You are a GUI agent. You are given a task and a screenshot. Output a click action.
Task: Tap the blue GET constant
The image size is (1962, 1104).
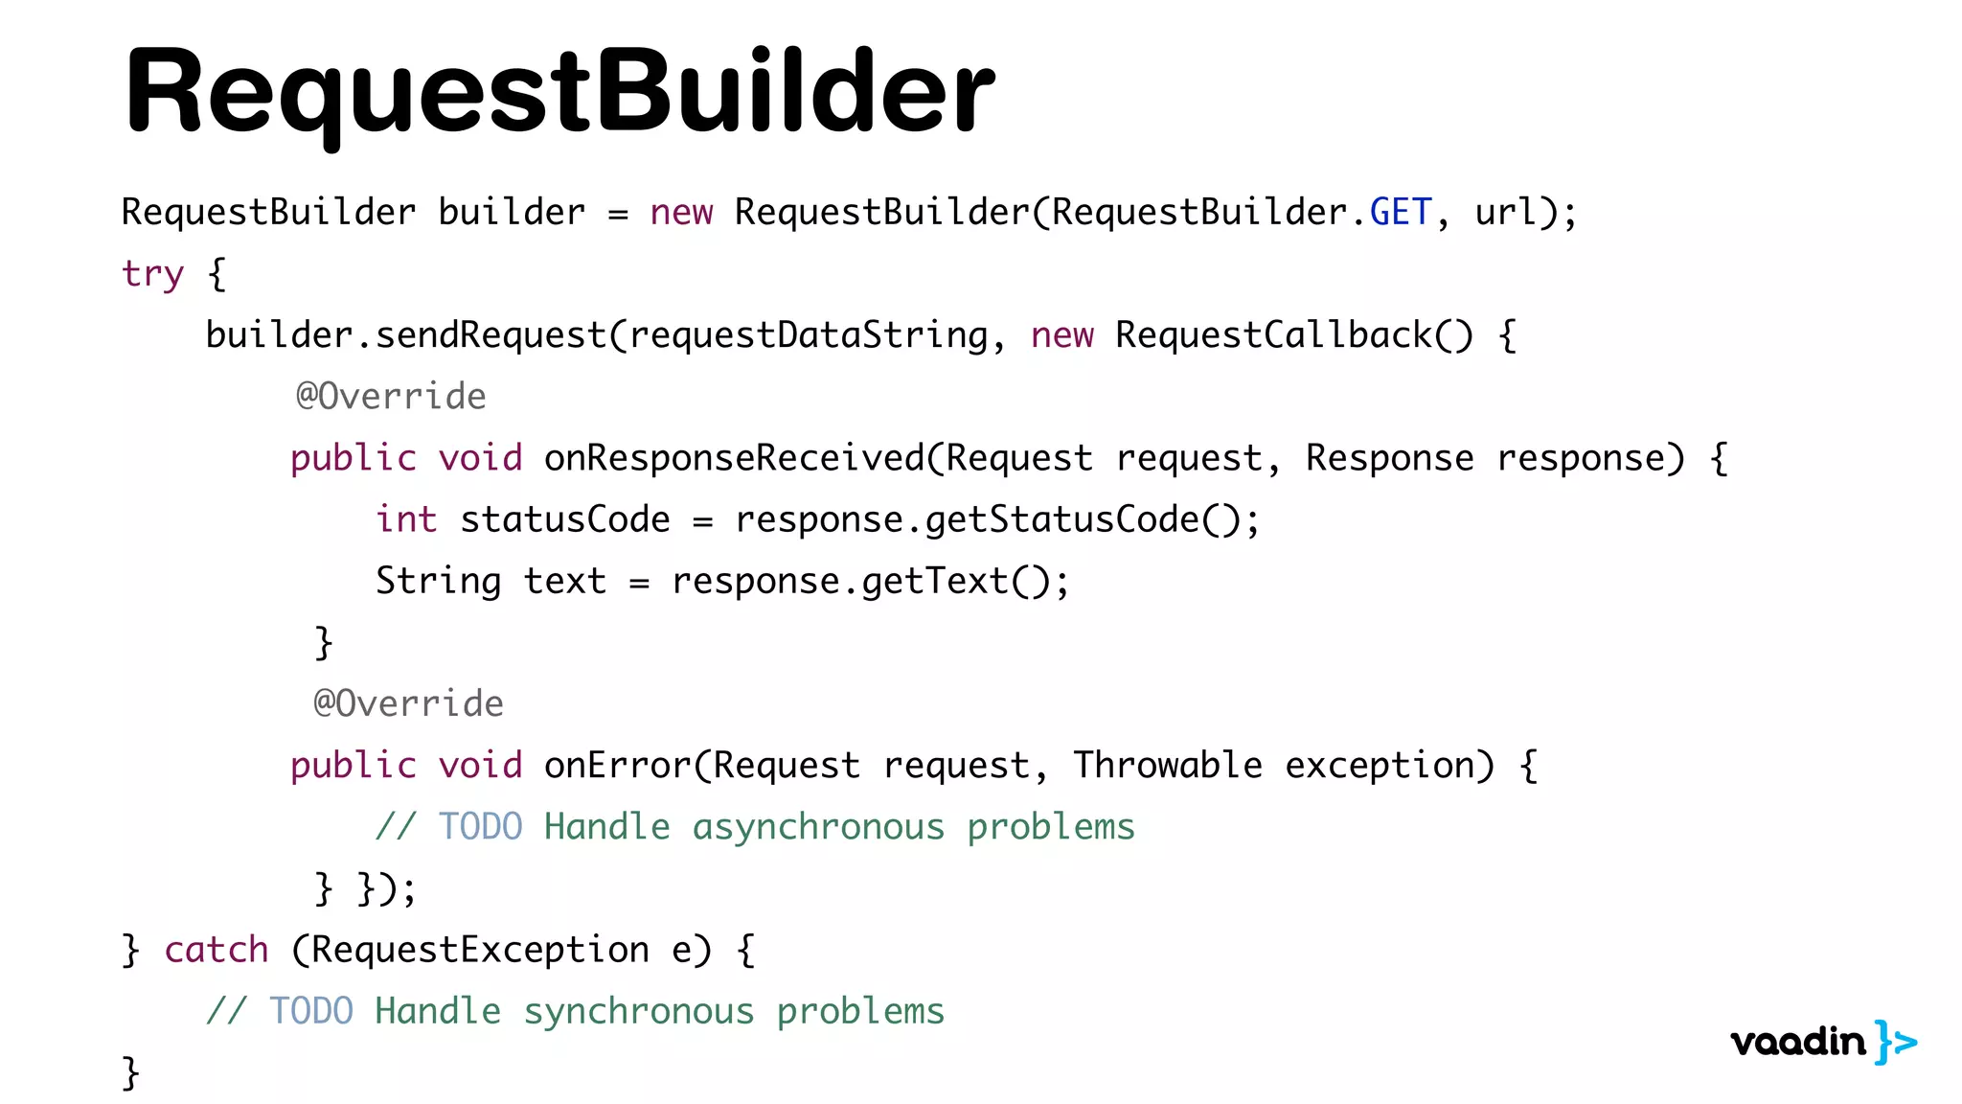(x=1401, y=212)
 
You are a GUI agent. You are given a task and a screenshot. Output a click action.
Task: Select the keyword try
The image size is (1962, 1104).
(x=152, y=274)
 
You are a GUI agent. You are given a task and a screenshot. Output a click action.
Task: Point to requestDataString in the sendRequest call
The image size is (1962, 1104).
(x=808, y=335)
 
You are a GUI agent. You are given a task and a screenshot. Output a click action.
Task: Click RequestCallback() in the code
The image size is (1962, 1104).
(x=1293, y=335)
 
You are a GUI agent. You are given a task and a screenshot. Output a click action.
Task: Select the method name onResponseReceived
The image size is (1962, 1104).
(x=734, y=458)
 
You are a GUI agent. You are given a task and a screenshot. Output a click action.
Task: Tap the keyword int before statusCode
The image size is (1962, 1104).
(x=406, y=519)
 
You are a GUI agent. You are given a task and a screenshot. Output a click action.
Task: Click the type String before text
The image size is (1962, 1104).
(x=438, y=581)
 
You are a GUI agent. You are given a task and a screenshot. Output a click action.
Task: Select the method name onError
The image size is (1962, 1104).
(x=617, y=766)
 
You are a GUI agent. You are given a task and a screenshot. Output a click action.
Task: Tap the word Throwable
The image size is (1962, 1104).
(x=1167, y=766)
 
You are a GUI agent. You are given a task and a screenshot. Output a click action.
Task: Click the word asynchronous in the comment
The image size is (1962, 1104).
(x=818, y=827)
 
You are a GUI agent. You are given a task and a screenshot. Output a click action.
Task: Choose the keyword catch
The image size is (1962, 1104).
(x=217, y=950)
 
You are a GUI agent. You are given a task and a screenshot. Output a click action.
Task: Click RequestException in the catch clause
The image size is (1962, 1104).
(x=480, y=950)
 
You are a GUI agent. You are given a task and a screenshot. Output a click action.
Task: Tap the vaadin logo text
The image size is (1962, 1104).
(x=1798, y=1042)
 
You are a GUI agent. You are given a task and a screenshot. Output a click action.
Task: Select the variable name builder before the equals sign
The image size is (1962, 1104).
(x=512, y=212)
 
